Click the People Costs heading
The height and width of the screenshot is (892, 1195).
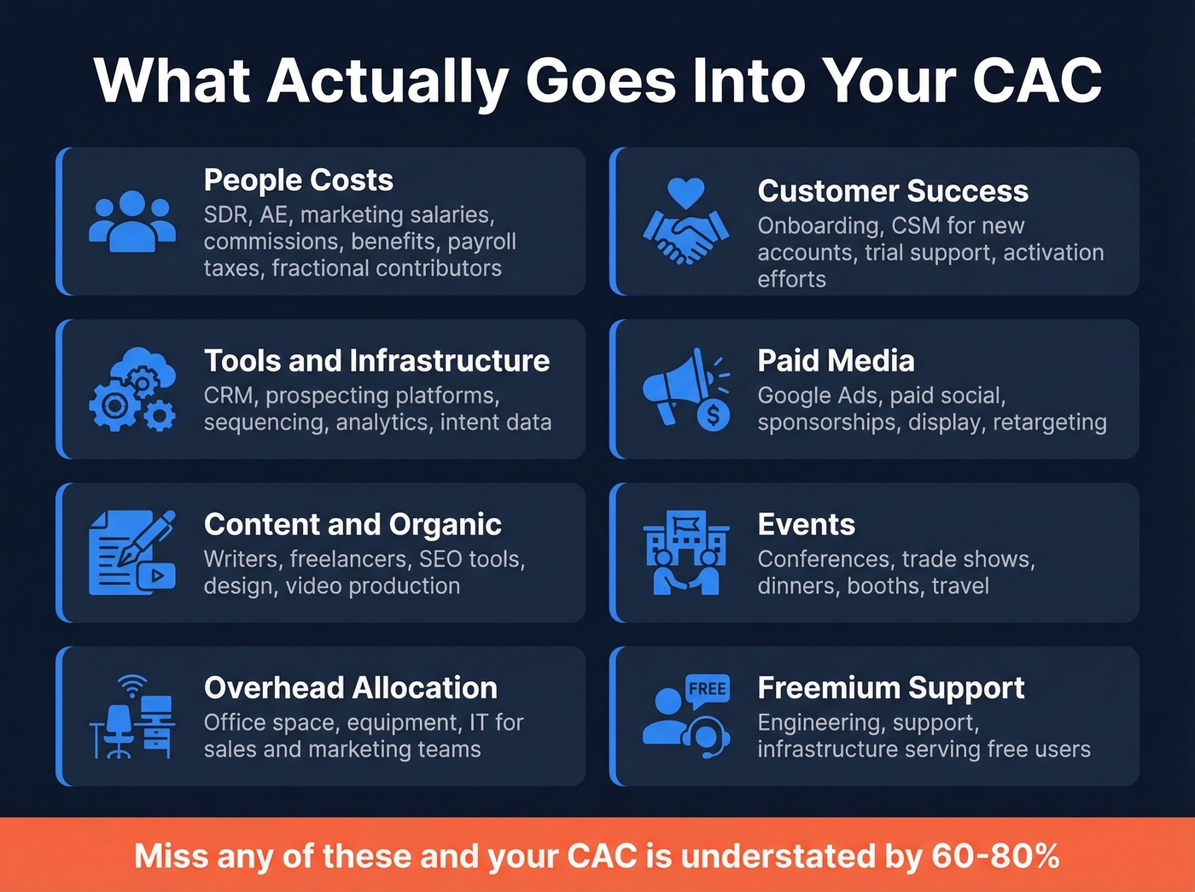298,180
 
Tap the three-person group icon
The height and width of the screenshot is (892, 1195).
132,221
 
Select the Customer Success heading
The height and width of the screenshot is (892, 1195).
893,191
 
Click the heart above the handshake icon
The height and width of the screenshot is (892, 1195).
686,193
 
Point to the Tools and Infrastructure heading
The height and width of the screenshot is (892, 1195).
376,361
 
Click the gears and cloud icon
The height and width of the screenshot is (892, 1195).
132,389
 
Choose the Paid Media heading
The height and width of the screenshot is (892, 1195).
836,361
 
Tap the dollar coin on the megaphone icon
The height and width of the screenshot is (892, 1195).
713,416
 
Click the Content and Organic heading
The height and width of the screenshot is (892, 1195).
353,524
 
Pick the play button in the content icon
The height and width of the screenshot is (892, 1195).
159,575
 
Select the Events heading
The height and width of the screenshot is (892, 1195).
806,524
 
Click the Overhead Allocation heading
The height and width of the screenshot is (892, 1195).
350,688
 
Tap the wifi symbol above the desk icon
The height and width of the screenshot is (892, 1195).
132,685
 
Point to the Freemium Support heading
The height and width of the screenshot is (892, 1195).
890,688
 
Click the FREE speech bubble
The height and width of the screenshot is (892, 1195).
708,689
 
